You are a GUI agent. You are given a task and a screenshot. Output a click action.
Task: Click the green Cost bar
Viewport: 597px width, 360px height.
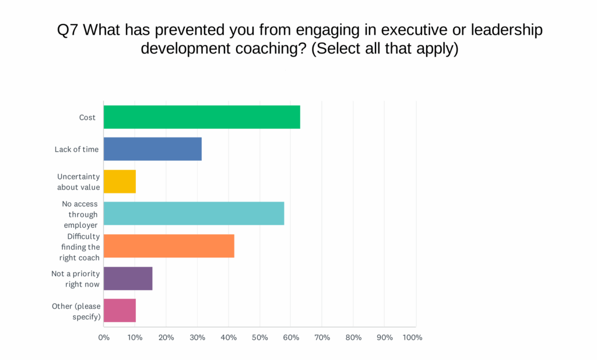[202, 117]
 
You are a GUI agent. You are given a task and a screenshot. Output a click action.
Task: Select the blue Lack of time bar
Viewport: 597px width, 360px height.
[153, 149]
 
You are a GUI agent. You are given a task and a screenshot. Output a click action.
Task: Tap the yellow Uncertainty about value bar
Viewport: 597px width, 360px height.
[120, 182]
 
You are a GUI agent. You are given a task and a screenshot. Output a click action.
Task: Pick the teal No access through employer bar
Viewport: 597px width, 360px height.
[194, 214]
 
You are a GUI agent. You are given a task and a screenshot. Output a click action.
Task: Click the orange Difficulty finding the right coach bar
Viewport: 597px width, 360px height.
[169, 246]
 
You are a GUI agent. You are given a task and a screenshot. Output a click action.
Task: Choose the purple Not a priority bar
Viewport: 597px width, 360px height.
[128, 278]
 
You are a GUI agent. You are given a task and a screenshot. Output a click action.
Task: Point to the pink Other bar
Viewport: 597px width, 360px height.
[120, 310]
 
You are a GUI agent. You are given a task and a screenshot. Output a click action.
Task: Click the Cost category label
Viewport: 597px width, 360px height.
[87, 118]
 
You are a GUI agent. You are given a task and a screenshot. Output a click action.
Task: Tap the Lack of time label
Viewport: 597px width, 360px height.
[76, 149]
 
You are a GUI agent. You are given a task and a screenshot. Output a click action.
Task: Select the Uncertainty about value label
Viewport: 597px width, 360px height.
[79, 182]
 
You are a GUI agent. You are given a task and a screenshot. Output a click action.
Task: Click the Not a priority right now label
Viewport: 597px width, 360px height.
[76, 278]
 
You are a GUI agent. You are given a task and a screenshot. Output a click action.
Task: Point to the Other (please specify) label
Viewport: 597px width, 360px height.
[76, 311]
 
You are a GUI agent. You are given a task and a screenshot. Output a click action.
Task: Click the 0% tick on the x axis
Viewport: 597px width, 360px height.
[104, 337]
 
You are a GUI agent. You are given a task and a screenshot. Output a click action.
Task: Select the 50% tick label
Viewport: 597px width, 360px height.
[259, 337]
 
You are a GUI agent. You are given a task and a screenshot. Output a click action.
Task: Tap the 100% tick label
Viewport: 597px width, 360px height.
[413, 337]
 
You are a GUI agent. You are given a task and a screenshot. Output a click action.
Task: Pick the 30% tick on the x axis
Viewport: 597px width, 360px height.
[197, 337]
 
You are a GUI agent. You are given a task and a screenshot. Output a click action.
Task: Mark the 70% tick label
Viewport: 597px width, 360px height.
[322, 337]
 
